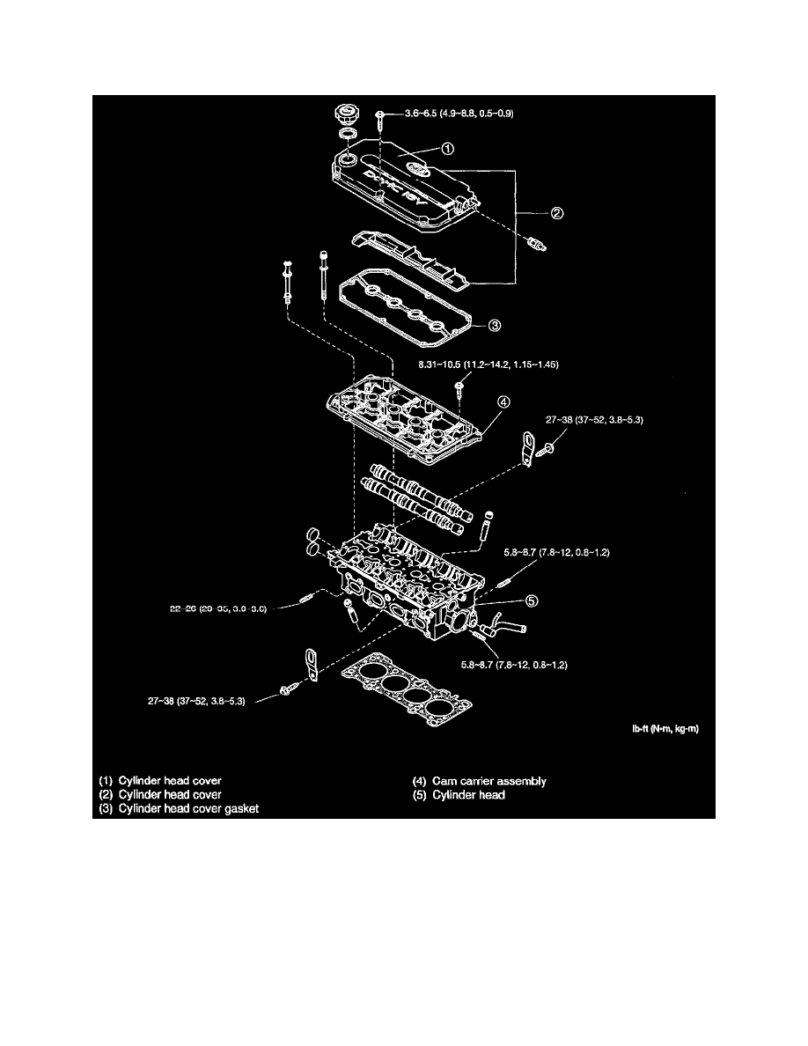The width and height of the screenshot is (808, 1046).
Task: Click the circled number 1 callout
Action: click(447, 150)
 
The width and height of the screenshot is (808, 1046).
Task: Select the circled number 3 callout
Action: click(495, 326)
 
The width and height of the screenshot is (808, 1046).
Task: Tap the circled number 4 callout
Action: click(502, 402)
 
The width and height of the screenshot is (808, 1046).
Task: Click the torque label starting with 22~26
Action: click(217, 607)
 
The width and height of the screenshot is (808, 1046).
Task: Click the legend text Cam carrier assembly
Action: click(481, 781)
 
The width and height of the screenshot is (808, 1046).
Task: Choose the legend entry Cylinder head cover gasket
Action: click(179, 808)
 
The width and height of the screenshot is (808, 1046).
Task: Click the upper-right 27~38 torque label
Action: click(594, 422)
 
